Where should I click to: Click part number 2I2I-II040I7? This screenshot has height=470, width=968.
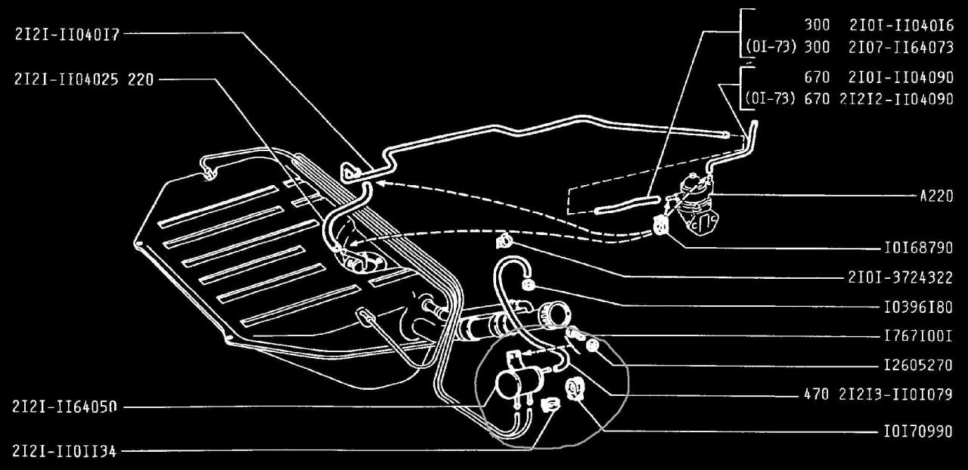tap(67, 34)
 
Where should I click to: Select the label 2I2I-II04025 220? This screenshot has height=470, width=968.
tap(84, 79)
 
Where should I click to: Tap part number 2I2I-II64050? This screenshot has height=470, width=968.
tap(65, 407)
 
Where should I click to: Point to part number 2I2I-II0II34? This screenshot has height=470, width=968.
tap(65, 451)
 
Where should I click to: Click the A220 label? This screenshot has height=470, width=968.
tap(936, 196)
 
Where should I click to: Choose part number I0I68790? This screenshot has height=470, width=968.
tap(918, 248)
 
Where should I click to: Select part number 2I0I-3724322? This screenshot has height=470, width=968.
tap(900, 277)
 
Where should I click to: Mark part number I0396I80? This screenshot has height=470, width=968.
tap(918, 307)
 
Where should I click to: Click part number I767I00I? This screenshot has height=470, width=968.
tap(918, 336)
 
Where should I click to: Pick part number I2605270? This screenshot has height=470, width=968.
tap(918, 366)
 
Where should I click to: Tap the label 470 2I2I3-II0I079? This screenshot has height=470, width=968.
tap(878, 394)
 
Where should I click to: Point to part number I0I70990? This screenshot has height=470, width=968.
tap(918, 431)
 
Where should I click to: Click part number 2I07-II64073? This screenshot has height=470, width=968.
tap(901, 47)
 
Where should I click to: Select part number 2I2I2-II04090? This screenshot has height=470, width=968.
tap(897, 99)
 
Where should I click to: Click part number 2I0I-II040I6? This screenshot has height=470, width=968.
tap(901, 26)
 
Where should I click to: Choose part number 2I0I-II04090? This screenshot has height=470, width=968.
tap(901, 77)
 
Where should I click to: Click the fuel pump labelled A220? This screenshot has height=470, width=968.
tap(696, 203)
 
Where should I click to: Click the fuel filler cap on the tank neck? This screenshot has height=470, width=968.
tap(554, 315)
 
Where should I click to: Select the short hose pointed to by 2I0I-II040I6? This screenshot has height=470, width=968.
tap(627, 205)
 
